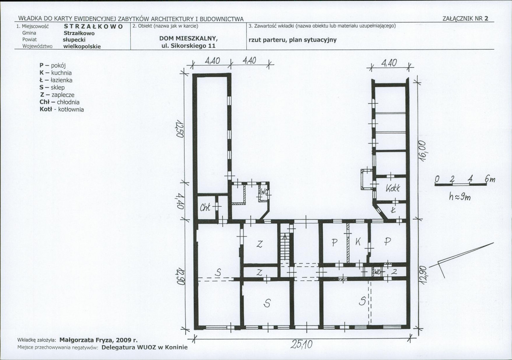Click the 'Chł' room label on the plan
(x=205, y=208)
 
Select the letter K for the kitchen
(x=358, y=242)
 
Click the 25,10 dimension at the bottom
(x=301, y=344)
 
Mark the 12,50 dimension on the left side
(x=179, y=129)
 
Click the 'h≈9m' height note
(x=459, y=197)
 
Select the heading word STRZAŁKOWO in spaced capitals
(x=94, y=26)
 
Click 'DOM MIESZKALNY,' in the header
(x=188, y=38)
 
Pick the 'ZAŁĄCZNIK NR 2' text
(x=465, y=19)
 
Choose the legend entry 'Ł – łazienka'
(x=56, y=80)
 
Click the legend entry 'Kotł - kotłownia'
(x=62, y=109)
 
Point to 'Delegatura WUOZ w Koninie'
(x=145, y=347)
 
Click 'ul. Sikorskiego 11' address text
(x=188, y=46)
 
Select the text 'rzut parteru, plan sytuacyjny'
(x=293, y=40)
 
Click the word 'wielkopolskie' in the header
(x=82, y=47)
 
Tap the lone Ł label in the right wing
(x=393, y=210)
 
